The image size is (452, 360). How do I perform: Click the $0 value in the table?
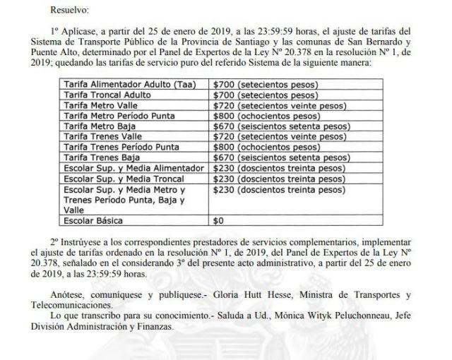(x=218, y=221)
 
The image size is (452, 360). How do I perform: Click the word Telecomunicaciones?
(x=81, y=304)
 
